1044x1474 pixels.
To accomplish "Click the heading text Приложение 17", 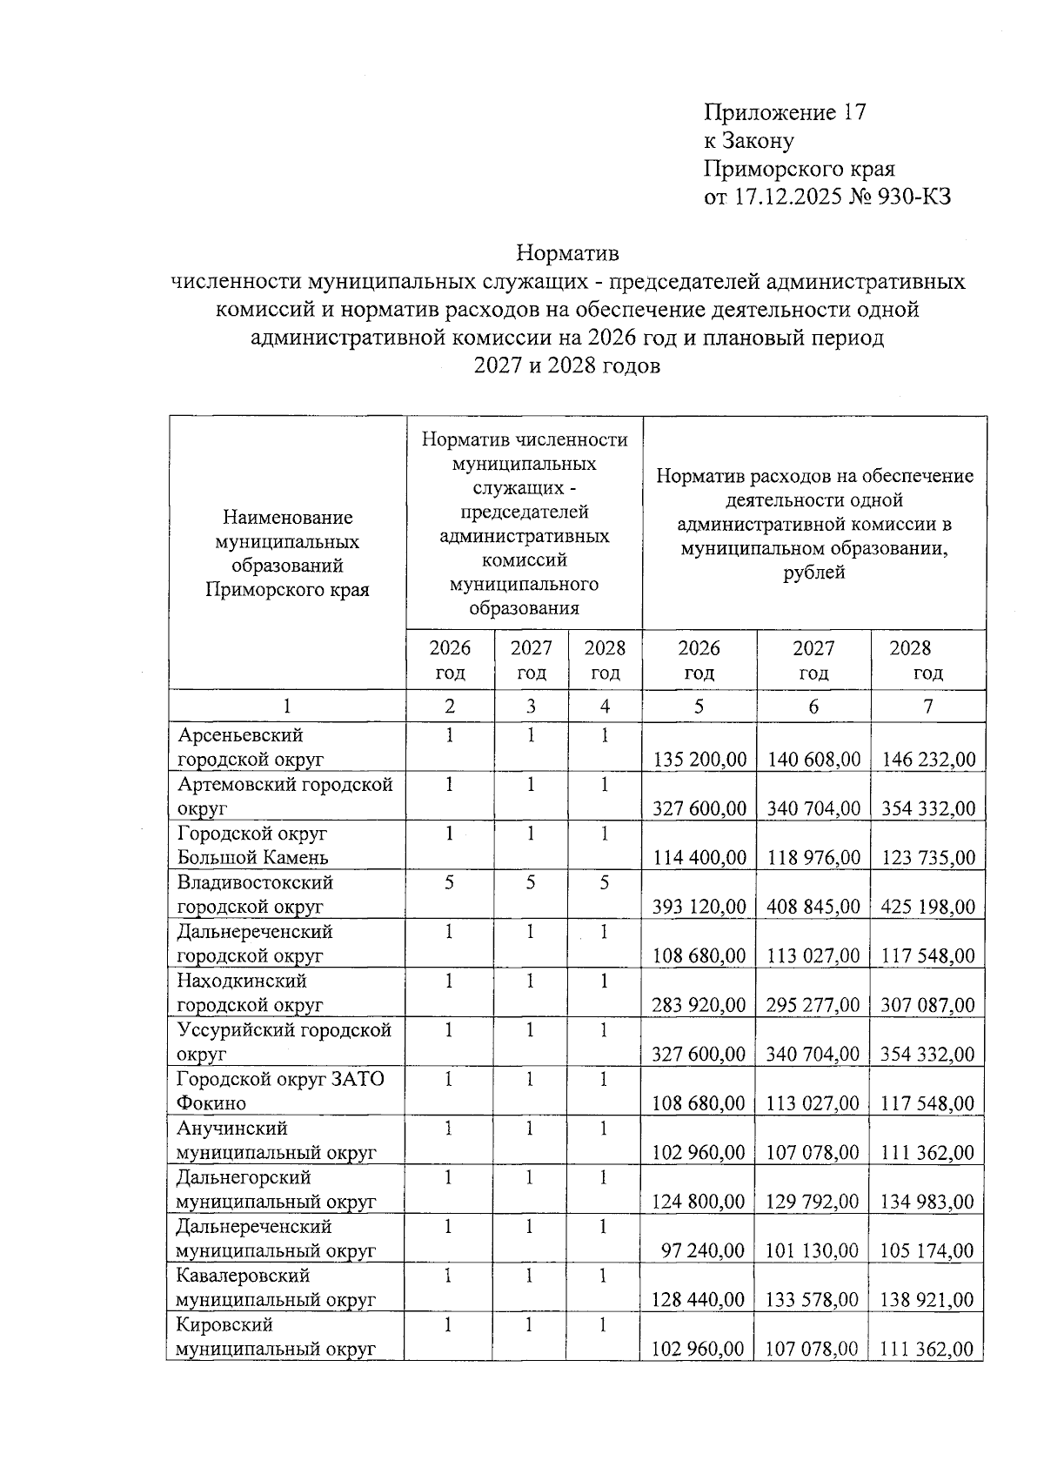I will pyautogui.click(x=785, y=112).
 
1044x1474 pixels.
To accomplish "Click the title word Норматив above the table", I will pyautogui.click(x=567, y=253).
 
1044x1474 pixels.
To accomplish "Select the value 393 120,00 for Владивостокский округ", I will pyautogui.click(x=699, y=907).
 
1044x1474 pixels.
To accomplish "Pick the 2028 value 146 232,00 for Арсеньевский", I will pyautogui.click(x=927, y=760).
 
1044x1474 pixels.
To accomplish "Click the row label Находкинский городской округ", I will pyautogui.click(x=250, y=993).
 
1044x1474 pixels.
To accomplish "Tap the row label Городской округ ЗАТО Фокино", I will pyautogui.click(x=279, y=1091).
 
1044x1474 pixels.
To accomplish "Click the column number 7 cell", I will pyautogui.click(x=927, y=707).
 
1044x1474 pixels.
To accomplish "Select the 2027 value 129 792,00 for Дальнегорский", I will pyautogui.click(x=813, y=1202).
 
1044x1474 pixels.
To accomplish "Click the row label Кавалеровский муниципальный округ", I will pyautogui.click(x=275, y=1288).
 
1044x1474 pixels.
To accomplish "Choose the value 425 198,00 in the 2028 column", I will pyautogui.click(x=927, y=907).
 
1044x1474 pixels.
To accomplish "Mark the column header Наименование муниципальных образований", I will pyautogui.click(x=287, y=553).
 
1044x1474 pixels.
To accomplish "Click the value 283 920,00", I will pyautogui.click(x=699, y=1005).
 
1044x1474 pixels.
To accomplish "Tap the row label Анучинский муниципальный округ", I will pyautogui.click(x=275, y=1141).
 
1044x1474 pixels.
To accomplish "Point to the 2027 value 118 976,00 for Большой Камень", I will pyautogui.click(x=813, y=858).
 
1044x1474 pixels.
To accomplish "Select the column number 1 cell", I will pyautogui.click(x=287, y=707).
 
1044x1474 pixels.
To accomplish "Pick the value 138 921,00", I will pyautogui.click(x=927, y=1300).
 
